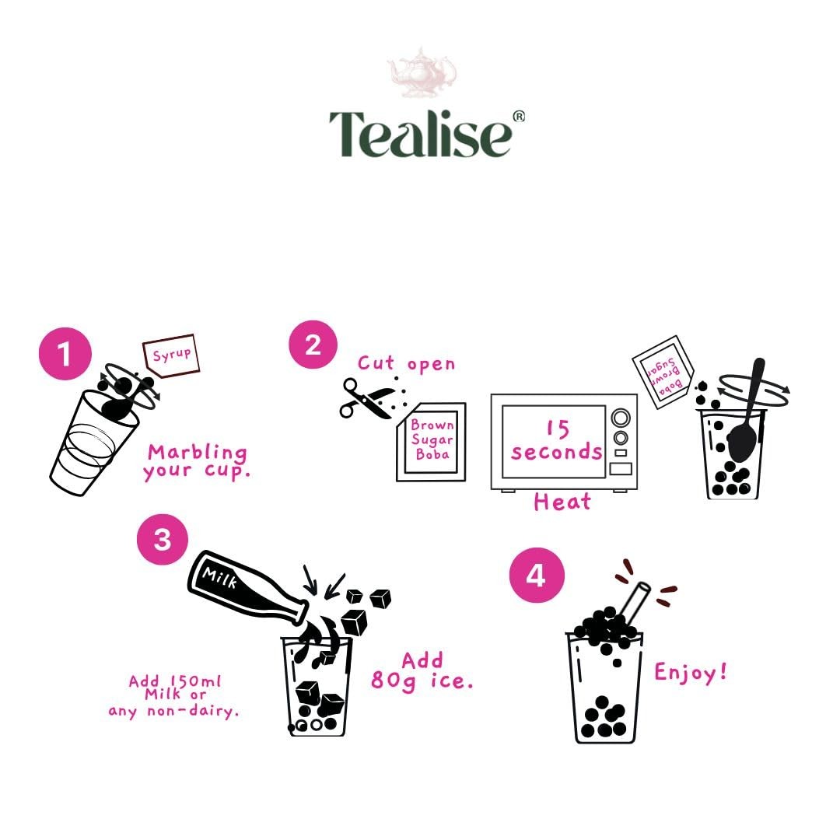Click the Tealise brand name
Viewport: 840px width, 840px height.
point(421,134)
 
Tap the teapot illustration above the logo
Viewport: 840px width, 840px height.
point(422,73)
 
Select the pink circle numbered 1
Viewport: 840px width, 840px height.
point(65,354)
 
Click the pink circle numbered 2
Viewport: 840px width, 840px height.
point(313,345)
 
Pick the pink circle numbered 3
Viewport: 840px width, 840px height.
point(163,539)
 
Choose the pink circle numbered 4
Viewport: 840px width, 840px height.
point(536,576)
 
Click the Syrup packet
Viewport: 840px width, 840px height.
point(171,355)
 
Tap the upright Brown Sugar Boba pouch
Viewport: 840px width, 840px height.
point(431,442)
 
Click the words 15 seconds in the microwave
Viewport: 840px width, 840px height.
point(557,440)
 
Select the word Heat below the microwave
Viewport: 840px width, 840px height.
point(562,502)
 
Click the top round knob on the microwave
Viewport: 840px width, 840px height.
point(621,418)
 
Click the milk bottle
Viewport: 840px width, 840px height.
point(247,588)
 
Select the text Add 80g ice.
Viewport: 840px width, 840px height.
point(422,671)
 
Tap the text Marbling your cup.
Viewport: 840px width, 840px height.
point(197,462)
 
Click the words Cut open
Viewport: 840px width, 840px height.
point(406,364)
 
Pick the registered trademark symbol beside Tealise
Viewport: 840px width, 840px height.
point(519,116)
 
